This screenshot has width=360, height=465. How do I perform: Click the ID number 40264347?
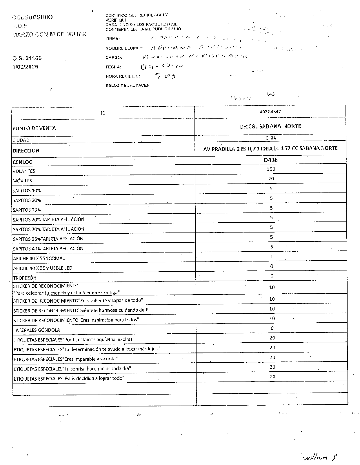point(270,112)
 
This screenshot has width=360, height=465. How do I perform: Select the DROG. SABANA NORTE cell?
point(270,126)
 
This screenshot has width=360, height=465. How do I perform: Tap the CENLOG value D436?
point(271,160)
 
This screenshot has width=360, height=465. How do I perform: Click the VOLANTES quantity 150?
point(271,169)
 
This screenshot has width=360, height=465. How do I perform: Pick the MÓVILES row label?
point(22,181)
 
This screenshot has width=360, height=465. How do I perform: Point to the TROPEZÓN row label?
point(25,278)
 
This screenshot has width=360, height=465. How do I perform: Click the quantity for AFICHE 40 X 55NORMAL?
point(272,257)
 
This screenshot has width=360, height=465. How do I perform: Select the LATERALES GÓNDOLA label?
point(37,330)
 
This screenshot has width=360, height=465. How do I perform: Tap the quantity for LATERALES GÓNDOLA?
point(272,328)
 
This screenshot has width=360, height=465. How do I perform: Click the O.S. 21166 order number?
point(27,58)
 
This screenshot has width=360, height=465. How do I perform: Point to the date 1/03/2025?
point(25,67)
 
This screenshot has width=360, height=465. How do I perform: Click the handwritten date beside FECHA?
point(162,67)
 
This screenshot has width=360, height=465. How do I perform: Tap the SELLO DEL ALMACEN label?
point(128,86)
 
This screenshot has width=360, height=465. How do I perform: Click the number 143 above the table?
point(270,94)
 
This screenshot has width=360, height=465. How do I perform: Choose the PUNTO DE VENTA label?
point(34,128)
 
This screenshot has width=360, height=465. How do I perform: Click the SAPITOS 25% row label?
point(27,210)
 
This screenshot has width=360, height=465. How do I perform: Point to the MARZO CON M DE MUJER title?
point(49,34)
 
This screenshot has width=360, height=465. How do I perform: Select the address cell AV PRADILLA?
point(270,148)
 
